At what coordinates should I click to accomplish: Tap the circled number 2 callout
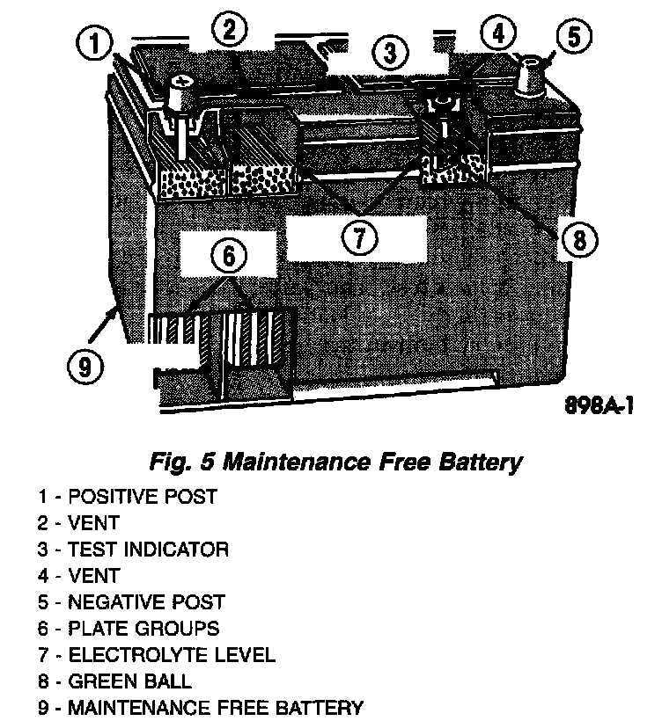(229, 31)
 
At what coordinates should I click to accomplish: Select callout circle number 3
(390, 53)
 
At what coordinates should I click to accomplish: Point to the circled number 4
(498, 33)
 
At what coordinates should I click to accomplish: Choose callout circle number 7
(359, 237)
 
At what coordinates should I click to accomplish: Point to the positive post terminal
(181, 91)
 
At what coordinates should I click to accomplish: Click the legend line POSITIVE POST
(127, 497)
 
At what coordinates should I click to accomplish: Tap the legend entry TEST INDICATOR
(133, 550)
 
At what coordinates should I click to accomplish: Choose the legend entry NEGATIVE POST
(131, 602)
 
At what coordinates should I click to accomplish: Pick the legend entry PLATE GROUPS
(129, 629)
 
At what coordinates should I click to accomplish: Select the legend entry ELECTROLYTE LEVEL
(156, 655)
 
